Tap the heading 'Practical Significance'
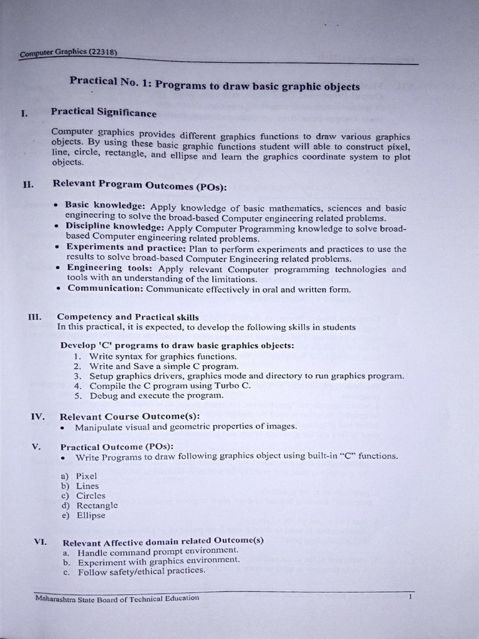click(104, 113)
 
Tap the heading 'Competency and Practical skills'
click(128, 317)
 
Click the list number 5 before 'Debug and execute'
click(77, 396)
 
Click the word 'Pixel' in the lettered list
click(87, 476)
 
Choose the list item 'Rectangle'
click(97, 505)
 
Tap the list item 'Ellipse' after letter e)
click(91, 515)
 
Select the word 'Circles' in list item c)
click(91, 495)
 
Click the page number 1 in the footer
click(410, 597)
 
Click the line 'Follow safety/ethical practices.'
click(141, 570)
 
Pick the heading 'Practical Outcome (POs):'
click(117, 447)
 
